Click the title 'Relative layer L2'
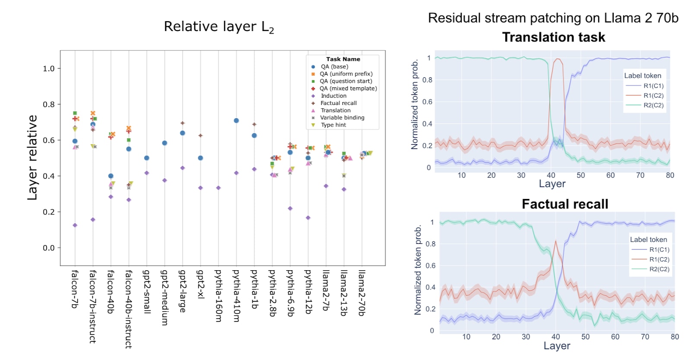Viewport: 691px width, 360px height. click(x=219, y=27)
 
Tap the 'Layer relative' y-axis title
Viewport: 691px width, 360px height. click(x=32, y=158)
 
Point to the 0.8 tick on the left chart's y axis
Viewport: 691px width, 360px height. click(x=49, y=104)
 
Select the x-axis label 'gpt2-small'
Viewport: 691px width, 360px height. click(x=146, y=292)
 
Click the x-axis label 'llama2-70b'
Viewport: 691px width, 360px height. click(x=362, y=293)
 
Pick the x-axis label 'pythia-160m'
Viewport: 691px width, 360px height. click(x=219, y=296)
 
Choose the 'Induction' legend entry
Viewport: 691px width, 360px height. click(x=333, y=96)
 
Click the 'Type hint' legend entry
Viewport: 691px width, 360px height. click(x=333, y=125)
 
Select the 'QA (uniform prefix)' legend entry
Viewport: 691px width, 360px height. click(x=346, y=74)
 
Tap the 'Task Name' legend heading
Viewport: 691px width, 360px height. click(x=343, y=59)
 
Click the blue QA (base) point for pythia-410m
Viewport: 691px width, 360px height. click(x=236, y=121)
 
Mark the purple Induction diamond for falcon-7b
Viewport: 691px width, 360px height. click(x=75, y=225)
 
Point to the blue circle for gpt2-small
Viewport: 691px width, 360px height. click(x=147, y=158)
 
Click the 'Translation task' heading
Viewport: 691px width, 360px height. click(x=554, y=38)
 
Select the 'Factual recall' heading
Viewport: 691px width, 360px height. click(x=565, y=204)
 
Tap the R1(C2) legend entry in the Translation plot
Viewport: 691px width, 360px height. click(x=653, y=95)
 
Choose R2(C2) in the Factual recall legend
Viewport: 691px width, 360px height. click(x=659, y=269)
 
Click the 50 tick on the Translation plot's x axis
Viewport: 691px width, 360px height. click(x=581, y=175)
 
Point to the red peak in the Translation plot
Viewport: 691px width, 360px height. click(x=558, y=59)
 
